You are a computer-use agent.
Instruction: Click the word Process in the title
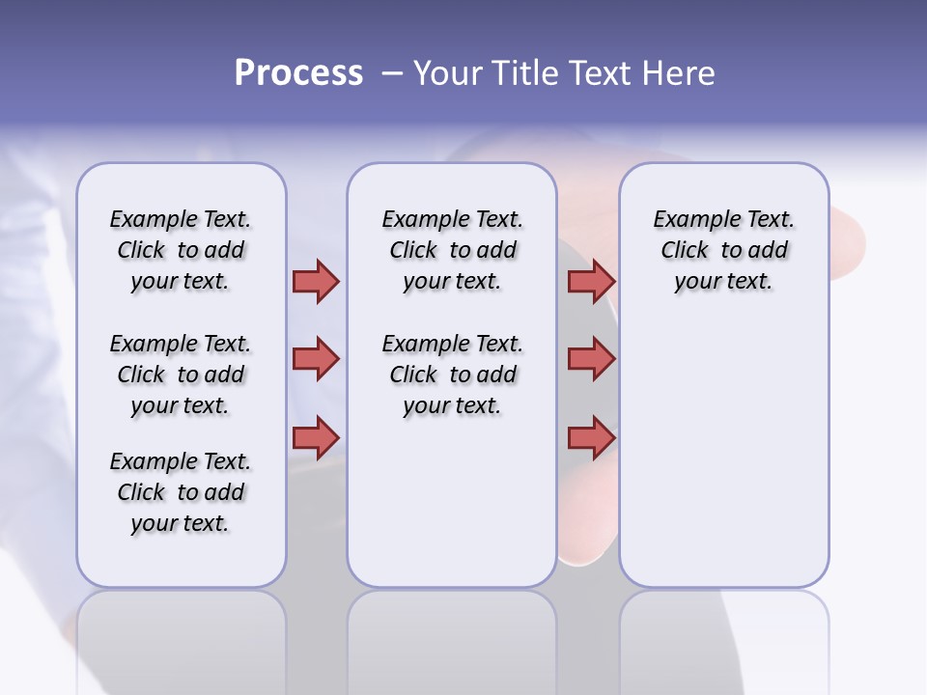click(298, 72)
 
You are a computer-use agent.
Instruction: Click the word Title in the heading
click(518, 72)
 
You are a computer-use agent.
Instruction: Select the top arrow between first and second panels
click(316, 281)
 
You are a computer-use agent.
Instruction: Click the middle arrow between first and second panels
click(316, 359)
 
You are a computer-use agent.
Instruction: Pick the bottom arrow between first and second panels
click(316, 436)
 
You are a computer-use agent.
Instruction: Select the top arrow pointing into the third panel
click(591, 281)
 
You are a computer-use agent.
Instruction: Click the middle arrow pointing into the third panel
click(591, 359)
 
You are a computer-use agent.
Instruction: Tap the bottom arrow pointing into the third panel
click(591, 437)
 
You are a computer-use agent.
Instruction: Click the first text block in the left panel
click(181, 250)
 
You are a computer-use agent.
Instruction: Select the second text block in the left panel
click(181, 375)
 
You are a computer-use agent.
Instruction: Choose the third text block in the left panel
click(181, 492)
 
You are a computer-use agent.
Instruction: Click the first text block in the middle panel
click(452, 250)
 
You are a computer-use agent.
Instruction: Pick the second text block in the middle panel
click(452, 375)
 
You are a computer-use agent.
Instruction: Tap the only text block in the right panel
click(723, 250)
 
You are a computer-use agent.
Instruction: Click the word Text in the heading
click(599, 72)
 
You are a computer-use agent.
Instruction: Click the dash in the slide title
click(392, 73)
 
